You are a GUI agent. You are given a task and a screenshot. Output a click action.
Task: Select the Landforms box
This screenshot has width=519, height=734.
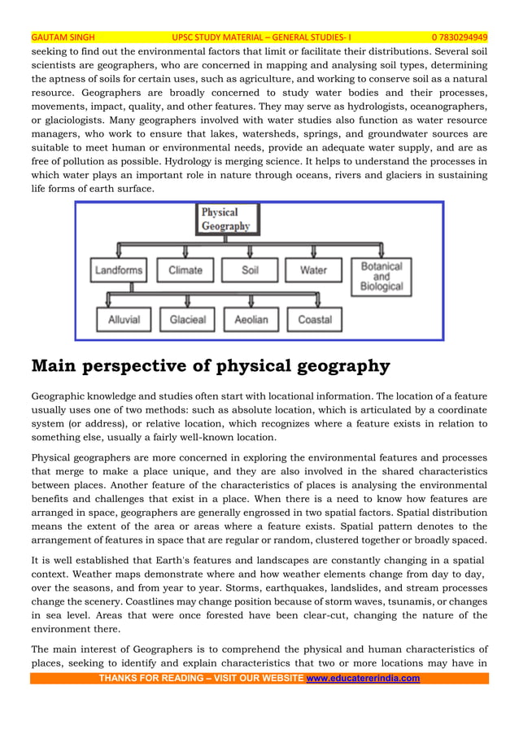coord(119,270)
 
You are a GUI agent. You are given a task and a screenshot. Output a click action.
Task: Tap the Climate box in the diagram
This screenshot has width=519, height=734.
coord(185,270)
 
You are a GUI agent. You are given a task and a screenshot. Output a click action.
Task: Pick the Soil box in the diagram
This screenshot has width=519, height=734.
coord(250,270)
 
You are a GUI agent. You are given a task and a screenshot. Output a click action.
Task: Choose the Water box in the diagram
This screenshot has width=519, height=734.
coord(313,270)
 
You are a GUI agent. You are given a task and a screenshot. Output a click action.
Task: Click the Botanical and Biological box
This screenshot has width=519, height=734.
coord(382,276)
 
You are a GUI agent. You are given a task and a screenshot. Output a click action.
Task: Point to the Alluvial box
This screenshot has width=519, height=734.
coord(124,320)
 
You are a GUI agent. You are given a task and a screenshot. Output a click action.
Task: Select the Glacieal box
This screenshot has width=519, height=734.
coord(188,320)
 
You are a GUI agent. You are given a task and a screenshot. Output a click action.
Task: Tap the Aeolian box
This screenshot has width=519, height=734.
coord(251,320)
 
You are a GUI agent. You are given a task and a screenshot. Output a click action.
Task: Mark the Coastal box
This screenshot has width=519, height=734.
coord(314,320)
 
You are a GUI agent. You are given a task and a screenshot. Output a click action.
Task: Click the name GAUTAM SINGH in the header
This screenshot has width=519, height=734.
coord(63,37)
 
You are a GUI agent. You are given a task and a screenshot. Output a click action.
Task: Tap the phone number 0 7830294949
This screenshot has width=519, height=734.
coord(459,37)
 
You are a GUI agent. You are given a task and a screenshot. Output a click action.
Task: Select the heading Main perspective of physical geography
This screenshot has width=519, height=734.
coord(210,366)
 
